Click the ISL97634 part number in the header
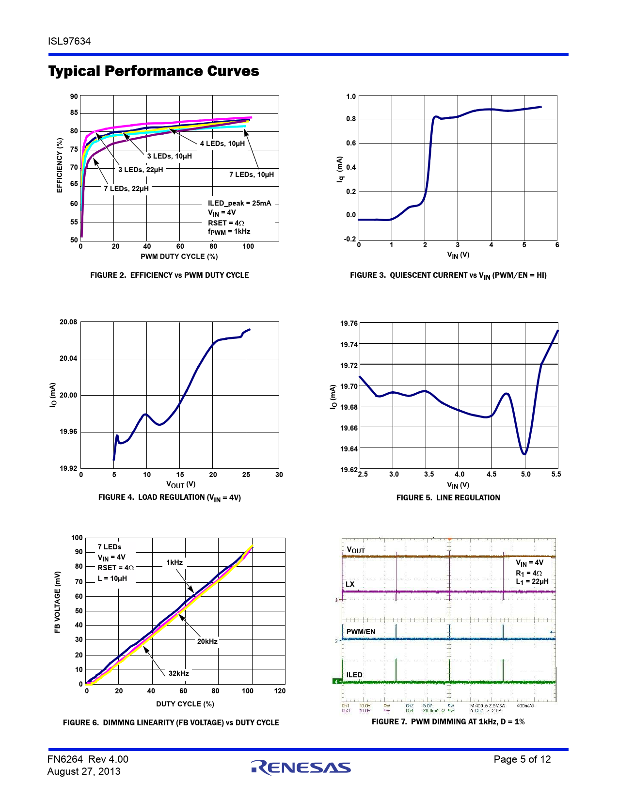[x=69, y=41]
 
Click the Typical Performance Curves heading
[x=154, y=71]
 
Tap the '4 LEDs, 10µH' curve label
[x=222, y=144]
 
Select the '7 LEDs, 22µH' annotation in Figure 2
[x=126, y=189]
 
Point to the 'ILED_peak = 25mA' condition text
[x=239, y=203]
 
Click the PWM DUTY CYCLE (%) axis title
[x=179, y=256]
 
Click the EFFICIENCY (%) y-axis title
[x=60, y=165]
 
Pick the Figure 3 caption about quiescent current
[x=448, y=275]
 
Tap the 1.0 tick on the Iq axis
[x=351, y=96]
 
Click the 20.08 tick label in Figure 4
[x=68, y=322]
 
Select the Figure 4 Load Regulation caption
[x=169, y=497]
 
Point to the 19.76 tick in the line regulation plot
[x=349, y=323]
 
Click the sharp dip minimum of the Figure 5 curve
[x=524, y=454]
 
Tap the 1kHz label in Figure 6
[x=174, y=562]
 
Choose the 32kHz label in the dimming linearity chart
[x=178, y=673]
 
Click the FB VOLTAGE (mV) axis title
[x=58, y=602]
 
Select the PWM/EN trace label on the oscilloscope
[x=361, y=632]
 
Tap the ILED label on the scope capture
[x=354, y=675]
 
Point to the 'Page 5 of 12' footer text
[x=522, y=759]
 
